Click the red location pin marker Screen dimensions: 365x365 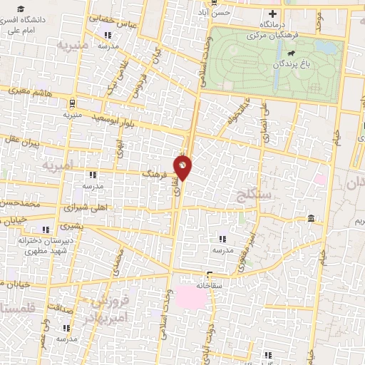[183, 167]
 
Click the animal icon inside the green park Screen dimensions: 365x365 [290, 53]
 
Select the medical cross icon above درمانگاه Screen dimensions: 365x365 [271, 14]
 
